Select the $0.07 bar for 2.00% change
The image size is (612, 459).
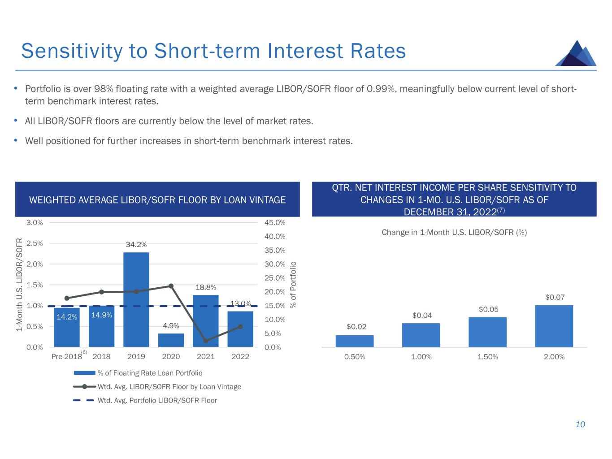[554, 326]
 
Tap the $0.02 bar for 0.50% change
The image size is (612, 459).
[355, 341]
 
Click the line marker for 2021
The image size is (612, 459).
[206, 341]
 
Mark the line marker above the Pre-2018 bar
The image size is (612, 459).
[67, 298]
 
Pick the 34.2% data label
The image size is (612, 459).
[136, 245]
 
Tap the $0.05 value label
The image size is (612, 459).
[488, 309]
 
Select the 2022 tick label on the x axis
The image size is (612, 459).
[240, 357]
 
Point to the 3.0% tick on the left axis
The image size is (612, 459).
[35, 223]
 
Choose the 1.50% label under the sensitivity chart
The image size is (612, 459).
[488, 357]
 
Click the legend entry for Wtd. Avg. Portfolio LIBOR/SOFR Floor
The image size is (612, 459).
[157, 400]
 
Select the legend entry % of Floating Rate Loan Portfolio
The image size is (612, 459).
[150, 373]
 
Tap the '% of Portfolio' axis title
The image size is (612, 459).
[294, 284]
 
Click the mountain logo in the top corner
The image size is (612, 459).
[575, 53]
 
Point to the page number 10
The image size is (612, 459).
[580, 424]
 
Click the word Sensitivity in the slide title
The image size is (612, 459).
[71, 51]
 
